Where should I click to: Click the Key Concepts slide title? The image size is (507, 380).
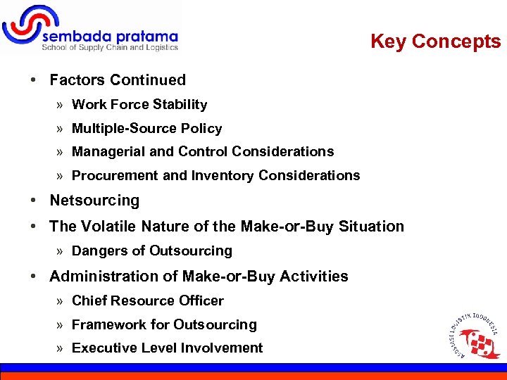click(435, 42)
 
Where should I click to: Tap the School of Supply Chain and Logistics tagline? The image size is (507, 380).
click(110, 48)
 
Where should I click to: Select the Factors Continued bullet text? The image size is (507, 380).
click(118, 80)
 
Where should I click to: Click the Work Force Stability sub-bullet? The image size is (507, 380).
click(139, 105)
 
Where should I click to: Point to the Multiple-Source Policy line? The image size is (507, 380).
click(146, 129)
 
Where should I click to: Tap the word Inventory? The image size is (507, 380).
click(218, 176)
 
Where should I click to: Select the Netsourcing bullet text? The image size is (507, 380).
click(94, 201)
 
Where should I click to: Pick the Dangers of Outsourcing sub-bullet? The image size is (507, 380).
click(151, 251)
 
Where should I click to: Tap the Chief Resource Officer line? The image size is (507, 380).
click(147, 301)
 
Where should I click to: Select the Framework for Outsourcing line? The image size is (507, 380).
click(164, 325)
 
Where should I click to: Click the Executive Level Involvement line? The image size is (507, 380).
click(167, 348)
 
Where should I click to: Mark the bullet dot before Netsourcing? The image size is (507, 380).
click(34, 201)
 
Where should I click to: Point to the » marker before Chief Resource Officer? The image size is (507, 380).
click(61, 301)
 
